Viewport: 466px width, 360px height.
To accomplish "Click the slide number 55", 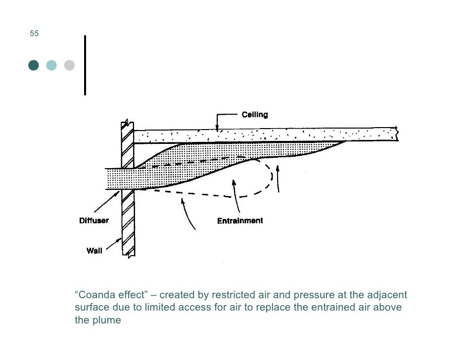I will [34, 34].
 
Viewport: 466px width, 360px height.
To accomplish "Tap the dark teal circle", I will [34, 65].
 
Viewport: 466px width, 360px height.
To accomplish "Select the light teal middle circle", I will [51, 65].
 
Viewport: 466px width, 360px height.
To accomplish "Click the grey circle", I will [69, 65].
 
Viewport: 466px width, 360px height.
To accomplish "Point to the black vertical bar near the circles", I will [85, 65].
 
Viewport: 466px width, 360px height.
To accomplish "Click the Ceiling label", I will [254, 115].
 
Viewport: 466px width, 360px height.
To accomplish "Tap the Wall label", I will [94, 251].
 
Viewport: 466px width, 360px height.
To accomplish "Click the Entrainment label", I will [240, 221].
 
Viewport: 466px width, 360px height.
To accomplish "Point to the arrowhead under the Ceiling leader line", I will [217, 128].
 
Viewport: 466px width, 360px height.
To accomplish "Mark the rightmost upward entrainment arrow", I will [279, 179].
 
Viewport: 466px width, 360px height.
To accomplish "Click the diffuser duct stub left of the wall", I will [113, 179].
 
